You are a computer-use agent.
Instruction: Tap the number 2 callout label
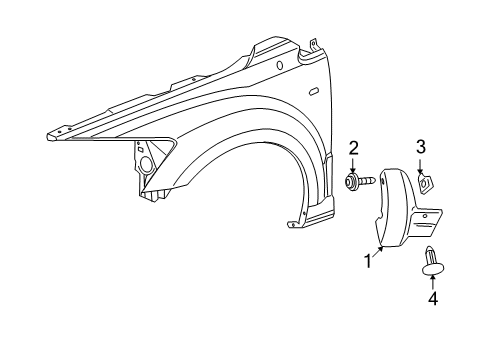coord(353,150)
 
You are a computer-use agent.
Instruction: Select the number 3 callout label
coord(422,148)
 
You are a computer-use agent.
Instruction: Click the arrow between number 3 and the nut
coord(422,164)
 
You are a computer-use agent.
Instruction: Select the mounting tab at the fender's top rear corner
coord(312,45)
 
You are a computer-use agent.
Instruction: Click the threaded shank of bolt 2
coord(367,184)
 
